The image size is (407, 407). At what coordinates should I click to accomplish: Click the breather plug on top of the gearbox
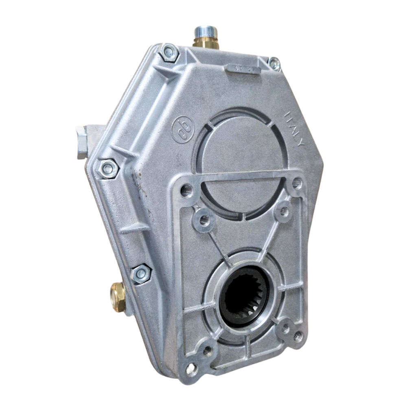(206, 37)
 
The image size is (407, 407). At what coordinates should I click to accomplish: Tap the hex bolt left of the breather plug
(169, 53)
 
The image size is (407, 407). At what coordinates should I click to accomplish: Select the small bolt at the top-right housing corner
(274, 63)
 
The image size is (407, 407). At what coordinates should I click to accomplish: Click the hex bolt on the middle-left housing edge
(108, 168)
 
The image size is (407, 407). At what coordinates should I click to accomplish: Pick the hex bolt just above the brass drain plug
(141, 274)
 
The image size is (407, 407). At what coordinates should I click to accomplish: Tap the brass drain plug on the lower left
(117, 297)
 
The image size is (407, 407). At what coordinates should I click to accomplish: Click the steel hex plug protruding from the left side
(82, 142)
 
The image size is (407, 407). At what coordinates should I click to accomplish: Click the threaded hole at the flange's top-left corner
(187, 190)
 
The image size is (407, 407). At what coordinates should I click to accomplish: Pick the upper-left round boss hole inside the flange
(204, 220)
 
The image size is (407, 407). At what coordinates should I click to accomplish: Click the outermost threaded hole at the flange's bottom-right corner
(298, 336)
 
